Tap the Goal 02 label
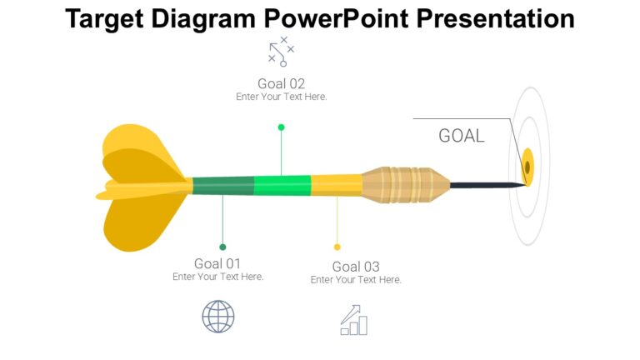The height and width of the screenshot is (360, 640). pyautogui.click(x=281, y=83)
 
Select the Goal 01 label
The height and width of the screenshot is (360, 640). pyautogui.click(x=217, y=263)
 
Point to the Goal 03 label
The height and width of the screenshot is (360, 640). pyautogui.click(x=356, y=267)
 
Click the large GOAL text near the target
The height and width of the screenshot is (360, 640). pyautogui.click(x=461, y=136)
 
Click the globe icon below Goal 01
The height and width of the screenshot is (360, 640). pyautogui.click(x=218, y=317)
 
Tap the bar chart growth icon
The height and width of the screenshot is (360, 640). pyautogui.click(x=354, y=320)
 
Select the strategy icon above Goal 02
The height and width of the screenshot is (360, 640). pyautogui.click(x=281, y=52)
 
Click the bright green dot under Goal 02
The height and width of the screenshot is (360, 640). pyautogui.click(x=281, y=127)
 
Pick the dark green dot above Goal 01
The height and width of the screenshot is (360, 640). pyautogui.click(x=222, y=247)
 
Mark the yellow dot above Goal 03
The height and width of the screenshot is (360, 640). pyautogui.click(x=337, y=247)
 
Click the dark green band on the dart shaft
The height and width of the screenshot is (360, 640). pyautogui.click(x=223, y=186)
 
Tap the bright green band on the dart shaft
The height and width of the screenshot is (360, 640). pyautogui.click(x=282, y=185)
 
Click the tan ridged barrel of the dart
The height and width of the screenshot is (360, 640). pyautogui.click(x=404, y=185)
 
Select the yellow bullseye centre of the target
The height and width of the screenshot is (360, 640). pyautogui.click(x=527, y=166)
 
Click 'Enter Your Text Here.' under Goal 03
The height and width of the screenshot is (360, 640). pyautogui.click(x=356, y=280)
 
